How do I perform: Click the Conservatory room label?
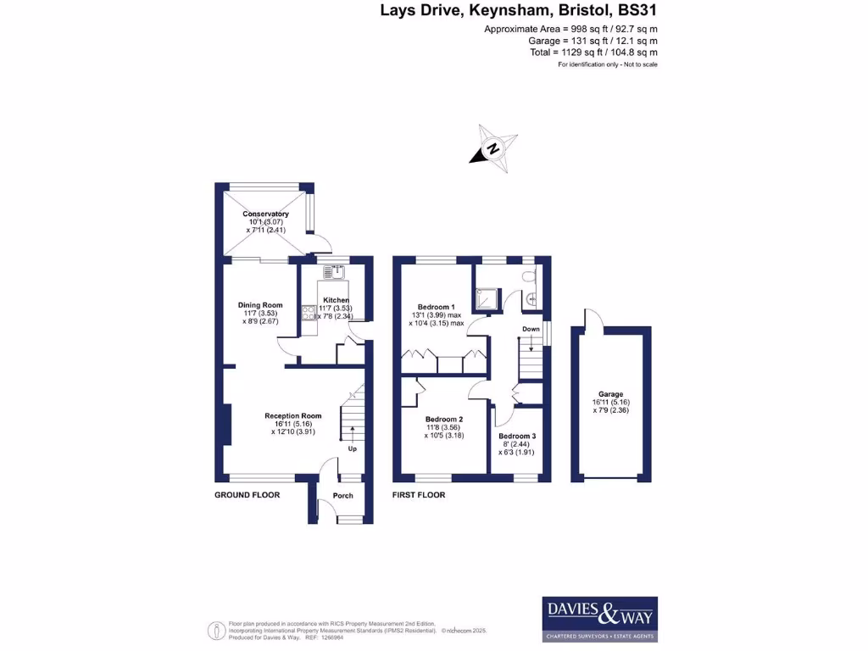tap(265, 214)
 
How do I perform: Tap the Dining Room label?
tap(260, 305)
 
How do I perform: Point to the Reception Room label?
tap(292, 415)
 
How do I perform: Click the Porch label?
tap(342, 496)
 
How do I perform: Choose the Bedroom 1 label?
tap(436, 306)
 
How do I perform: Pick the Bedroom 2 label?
tap(443, 420)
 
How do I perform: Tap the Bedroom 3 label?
tap(516, 436)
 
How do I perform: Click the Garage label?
tap(610, 394)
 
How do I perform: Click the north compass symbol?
tap(491, 150)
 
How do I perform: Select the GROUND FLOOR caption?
tap(247, 495)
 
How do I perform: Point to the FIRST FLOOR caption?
tap(419, 495)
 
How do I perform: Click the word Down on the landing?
tap(531, 329)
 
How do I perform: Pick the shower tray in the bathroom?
tap(488, 297)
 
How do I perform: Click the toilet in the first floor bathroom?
tap(530, 276)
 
